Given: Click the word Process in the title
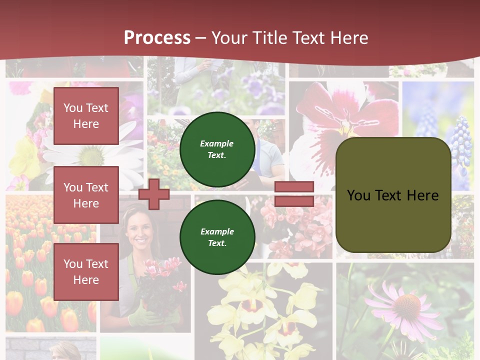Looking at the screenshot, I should tap(157, 37).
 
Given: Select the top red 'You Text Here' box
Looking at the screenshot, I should tap(86, 116).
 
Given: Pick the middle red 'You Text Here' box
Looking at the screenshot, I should tap(86, 195).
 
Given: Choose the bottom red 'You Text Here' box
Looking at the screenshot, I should tap(86, 271).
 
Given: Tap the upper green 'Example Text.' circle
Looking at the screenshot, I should tap(217, 149).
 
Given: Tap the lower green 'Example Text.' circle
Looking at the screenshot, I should tap(217, 237).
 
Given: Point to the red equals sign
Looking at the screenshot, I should tap(294, 194).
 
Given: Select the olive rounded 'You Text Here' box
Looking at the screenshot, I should tap(393, 194).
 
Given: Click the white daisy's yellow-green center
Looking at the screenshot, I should tap(92, 156).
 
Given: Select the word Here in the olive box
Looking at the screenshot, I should tap(422, 195).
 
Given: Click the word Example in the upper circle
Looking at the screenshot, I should tap(216, 143).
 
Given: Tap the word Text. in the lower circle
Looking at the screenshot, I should tap(217, 243).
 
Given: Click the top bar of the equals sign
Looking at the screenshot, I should tap(294, 187).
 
